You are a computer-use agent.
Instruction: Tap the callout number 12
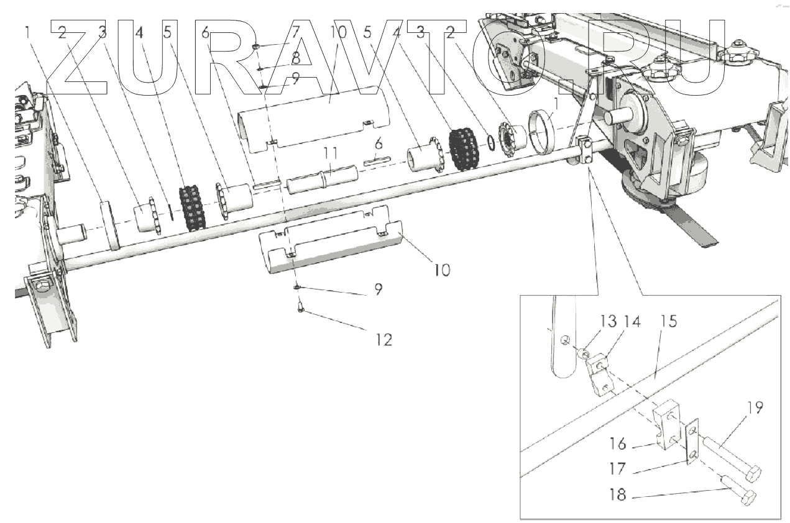click(x=384, y=340)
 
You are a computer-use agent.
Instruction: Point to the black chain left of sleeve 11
click(x=192, y=207)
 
